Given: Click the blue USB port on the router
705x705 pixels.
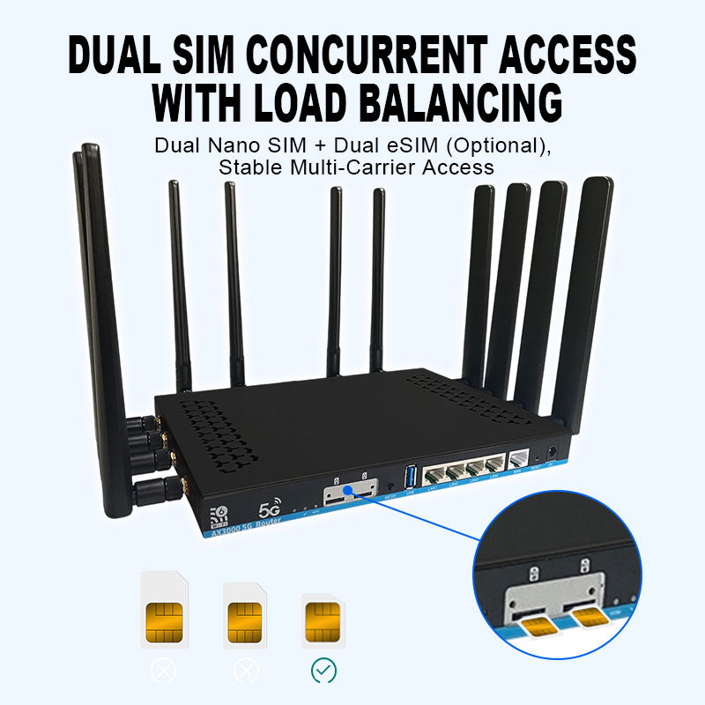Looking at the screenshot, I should [x=411, y=475].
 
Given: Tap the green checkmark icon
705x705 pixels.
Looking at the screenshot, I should [x=323, y=672].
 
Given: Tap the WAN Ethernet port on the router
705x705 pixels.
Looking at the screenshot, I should [x=520, y=460].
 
